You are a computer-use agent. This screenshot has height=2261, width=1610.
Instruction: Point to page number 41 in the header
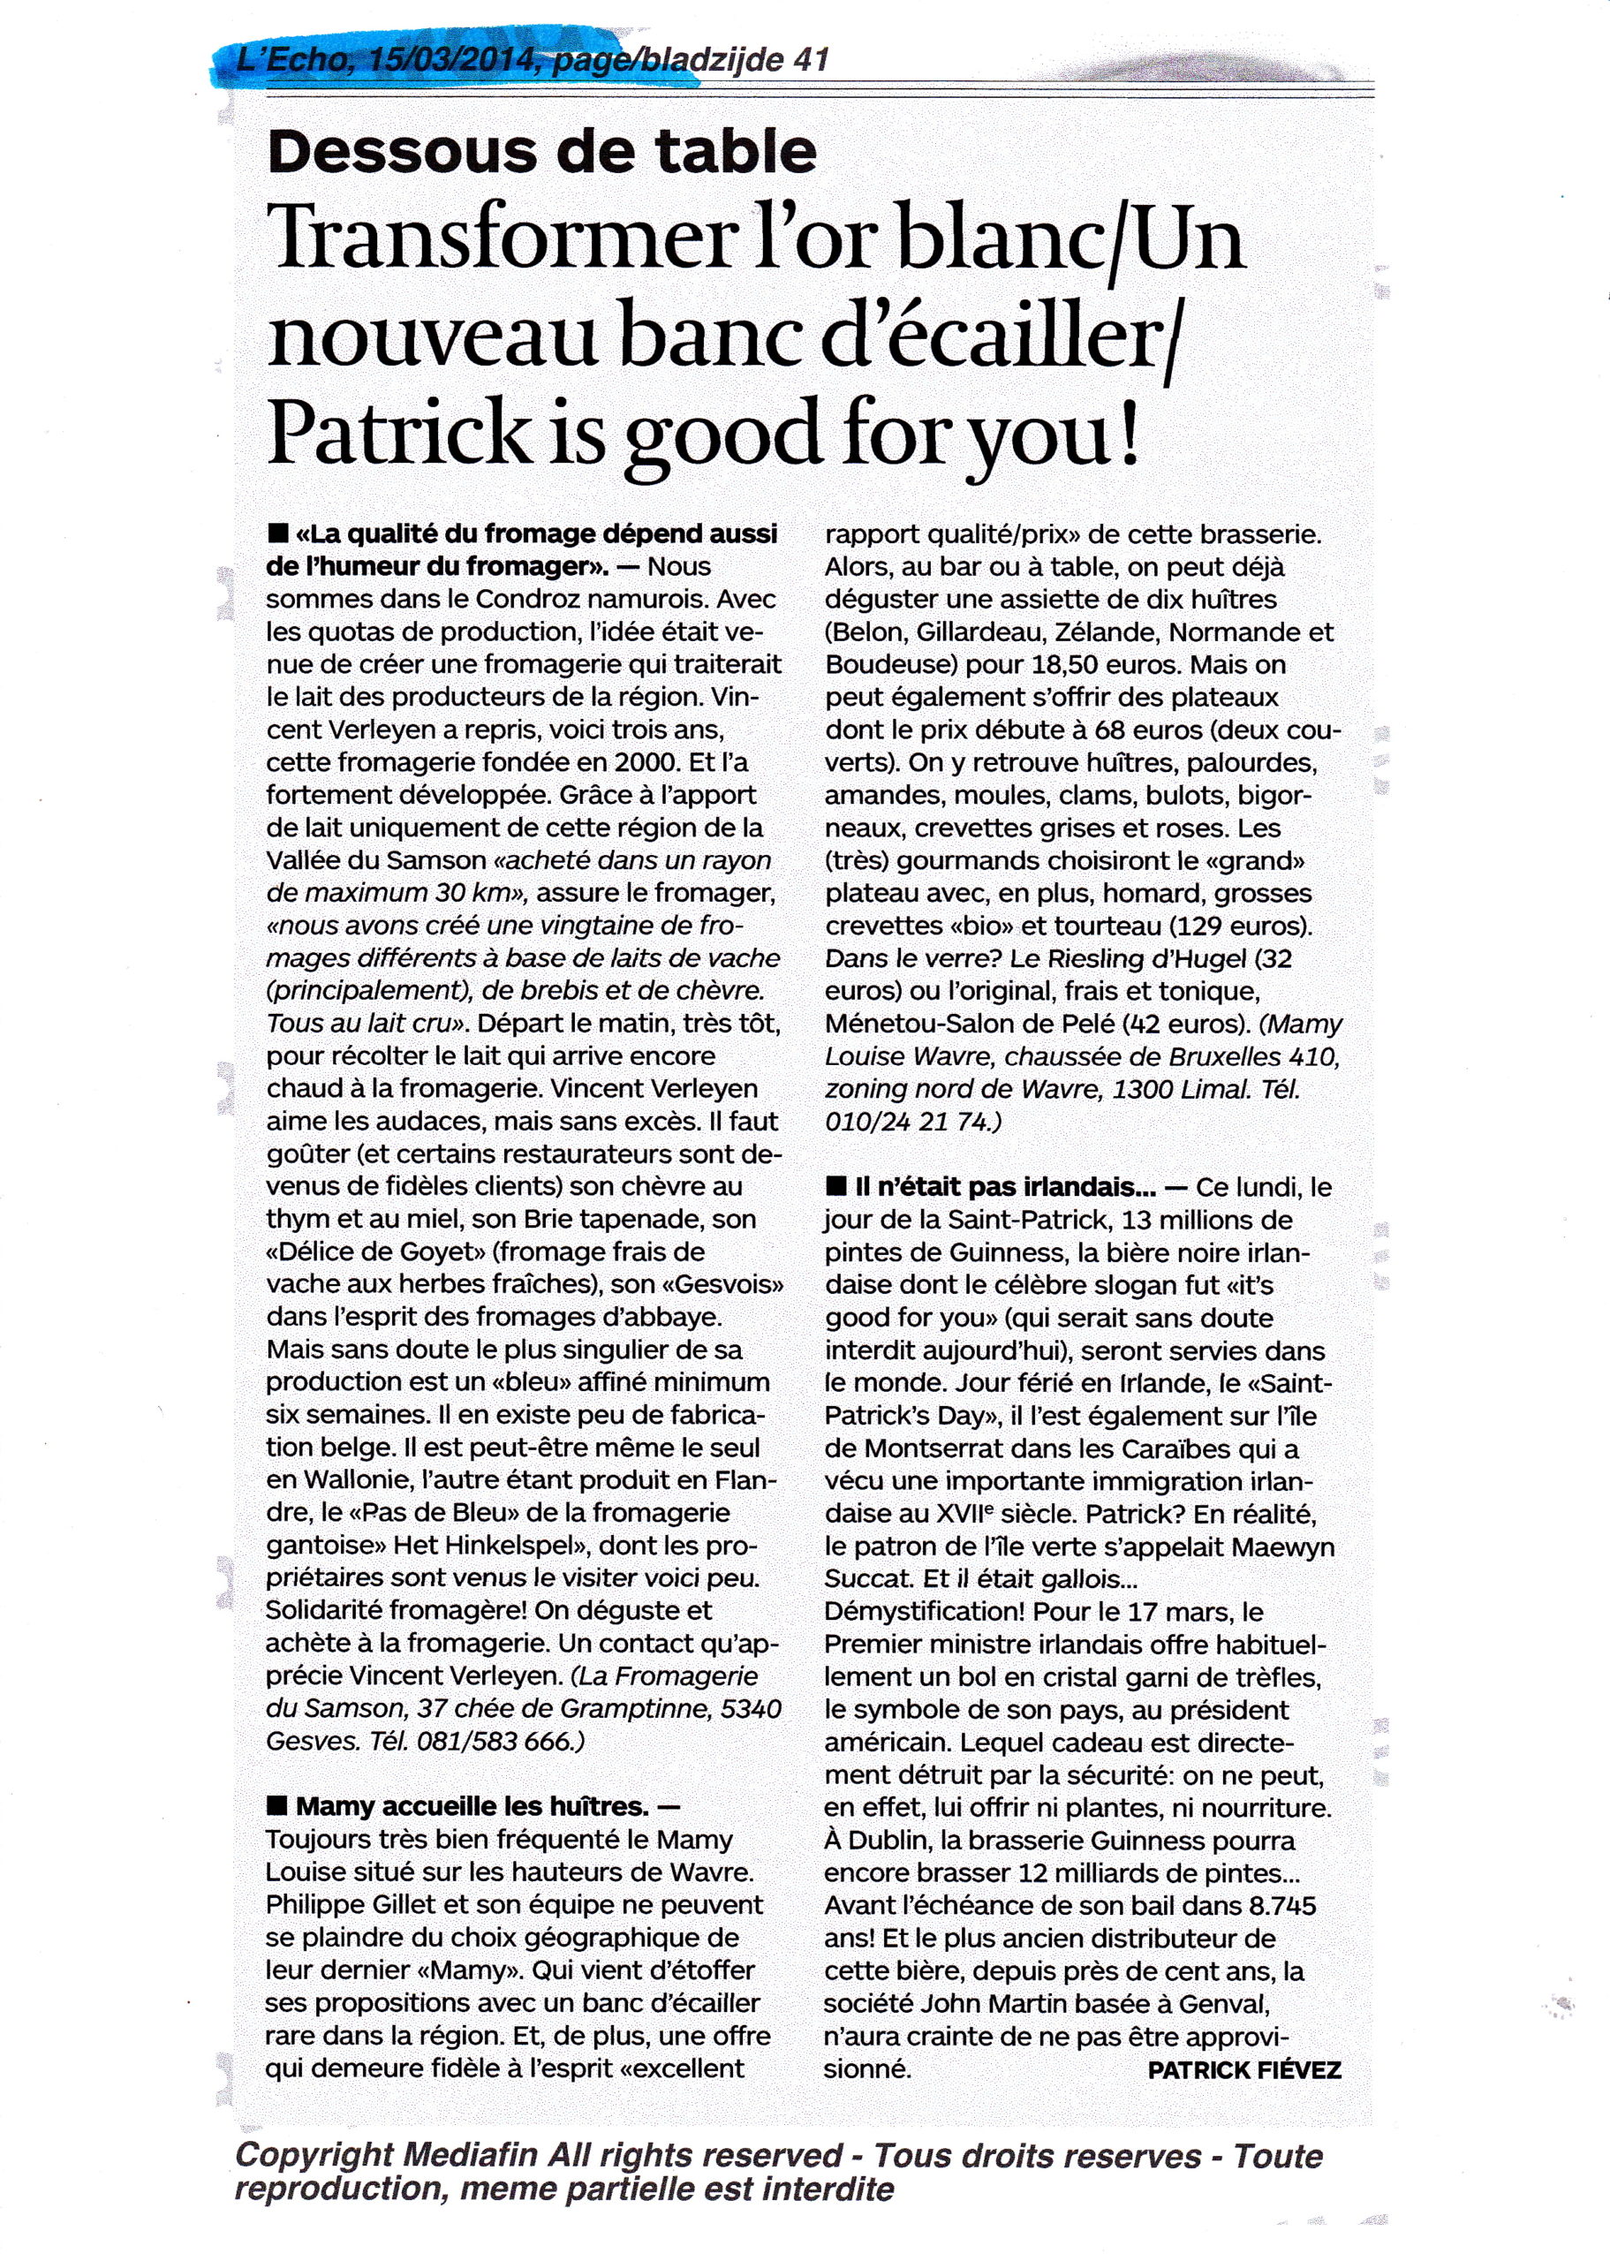(x=811, y=62)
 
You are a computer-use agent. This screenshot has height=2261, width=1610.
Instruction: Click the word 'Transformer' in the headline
(x=495, y=245)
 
